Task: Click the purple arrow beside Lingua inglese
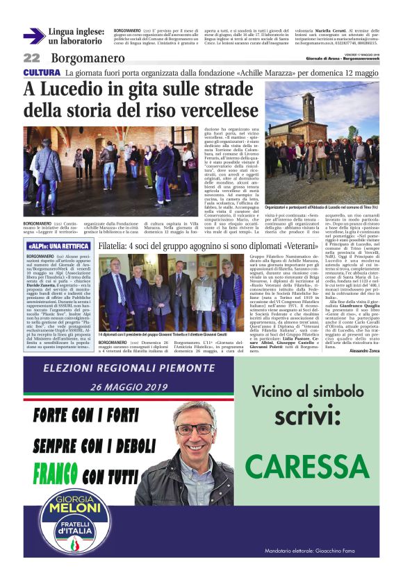point(33,36)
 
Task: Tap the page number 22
point(32,58)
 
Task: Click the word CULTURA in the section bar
point(42,73)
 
